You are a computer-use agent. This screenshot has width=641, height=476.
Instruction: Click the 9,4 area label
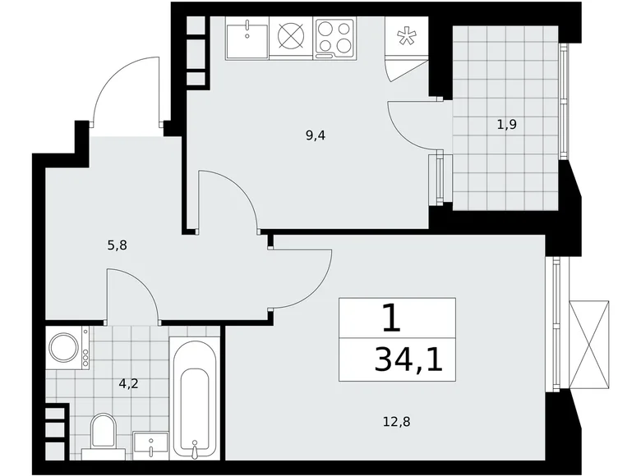click(x=316, y=136)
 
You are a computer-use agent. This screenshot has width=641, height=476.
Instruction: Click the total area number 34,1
click(x=408, y=359)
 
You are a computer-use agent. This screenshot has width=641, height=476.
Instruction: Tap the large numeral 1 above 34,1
click(x=392, y=318)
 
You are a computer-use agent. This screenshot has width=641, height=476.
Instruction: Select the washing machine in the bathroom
click(x=63, y=346)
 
